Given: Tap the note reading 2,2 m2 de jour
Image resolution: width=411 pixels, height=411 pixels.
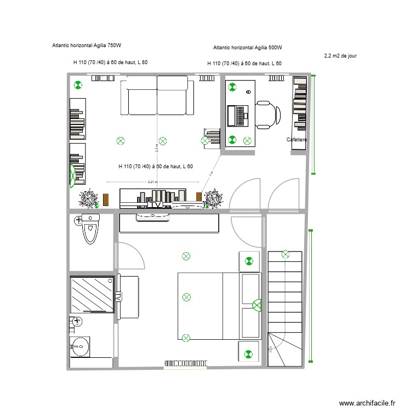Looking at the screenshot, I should [x=341, y=55].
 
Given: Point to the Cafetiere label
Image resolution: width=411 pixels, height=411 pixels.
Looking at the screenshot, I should [x=297, y=140].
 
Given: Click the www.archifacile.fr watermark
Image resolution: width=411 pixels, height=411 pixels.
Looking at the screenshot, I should [x=367, y=403].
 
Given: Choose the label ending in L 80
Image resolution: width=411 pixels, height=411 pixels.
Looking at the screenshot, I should [x=110, y=62].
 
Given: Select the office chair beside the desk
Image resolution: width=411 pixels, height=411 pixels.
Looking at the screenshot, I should [x=268, y=114].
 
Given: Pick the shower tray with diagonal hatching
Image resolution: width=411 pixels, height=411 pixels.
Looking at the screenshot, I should [x=92, y=294].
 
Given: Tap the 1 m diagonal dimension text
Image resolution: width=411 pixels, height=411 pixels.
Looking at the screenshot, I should [x=210, y=173].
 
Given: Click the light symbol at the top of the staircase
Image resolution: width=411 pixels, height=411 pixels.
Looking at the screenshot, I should [x=285, y=254].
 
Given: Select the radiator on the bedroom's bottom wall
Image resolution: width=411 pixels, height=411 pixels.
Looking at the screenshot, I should [x=186, y=363].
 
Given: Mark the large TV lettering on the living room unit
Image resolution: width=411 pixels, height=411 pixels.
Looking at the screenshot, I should [x=156, y=205].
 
